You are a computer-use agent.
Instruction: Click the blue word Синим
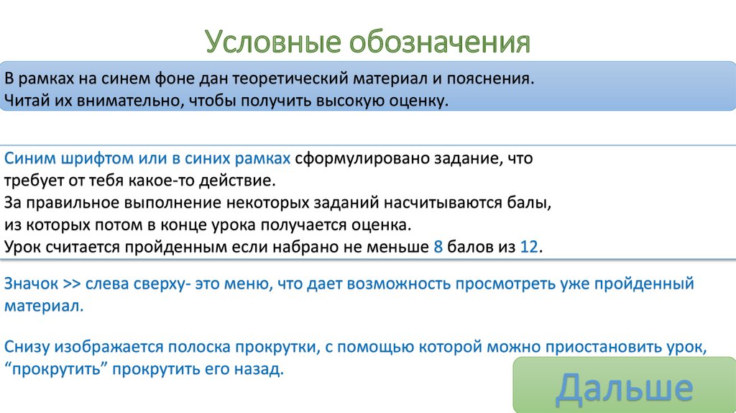(27, 158)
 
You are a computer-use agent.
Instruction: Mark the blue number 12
(528, 247)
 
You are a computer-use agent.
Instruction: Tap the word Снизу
(27, 347)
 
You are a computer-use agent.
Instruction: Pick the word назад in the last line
(262, 370)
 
